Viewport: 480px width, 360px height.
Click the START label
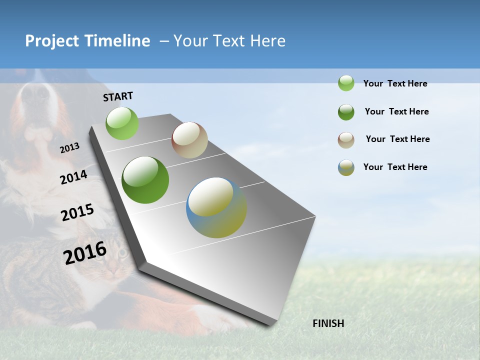point(118,96)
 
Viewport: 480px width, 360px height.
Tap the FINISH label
point(328,323)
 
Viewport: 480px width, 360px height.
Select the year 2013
point(70,148)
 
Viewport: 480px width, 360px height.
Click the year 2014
point(74,177)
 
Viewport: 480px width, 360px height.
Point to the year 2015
point(77,212)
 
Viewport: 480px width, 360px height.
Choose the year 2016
point(85,253)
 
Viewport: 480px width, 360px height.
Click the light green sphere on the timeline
point(122,123)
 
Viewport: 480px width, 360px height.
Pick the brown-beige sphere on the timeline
point(189,140)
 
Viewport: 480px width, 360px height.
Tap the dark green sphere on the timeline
point(145,180)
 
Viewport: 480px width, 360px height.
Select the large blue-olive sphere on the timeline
point(216,207)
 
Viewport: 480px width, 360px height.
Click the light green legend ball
point(346,83)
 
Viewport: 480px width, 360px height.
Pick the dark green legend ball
point(346,112)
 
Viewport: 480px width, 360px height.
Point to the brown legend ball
point(346,140)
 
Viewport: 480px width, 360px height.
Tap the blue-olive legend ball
point(346,167)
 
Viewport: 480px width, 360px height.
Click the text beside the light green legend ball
point(395,84)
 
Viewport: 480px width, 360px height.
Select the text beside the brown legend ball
point(397,139)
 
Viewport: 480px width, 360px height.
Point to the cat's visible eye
point(122,253)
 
